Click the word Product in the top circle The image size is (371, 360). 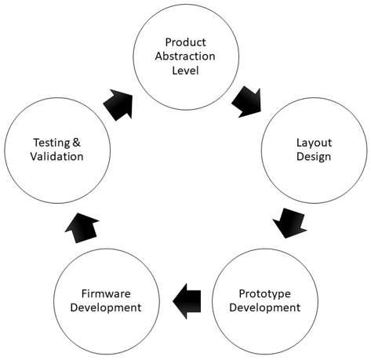tap(185, 42)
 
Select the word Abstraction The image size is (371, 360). tap(185, 56)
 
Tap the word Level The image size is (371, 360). tap(185, 71)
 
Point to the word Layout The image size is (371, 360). tap(314, 144)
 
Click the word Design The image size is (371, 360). tap(314, 157)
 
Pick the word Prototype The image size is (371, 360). tap(264, 294)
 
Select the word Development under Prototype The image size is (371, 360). tap(264, 307)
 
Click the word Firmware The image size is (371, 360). tap(106, 293)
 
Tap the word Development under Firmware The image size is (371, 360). tap(106, 307)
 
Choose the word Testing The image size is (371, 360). tap(52, 144)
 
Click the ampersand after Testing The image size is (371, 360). tap(76, 143)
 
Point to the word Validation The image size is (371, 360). tap(56, 156)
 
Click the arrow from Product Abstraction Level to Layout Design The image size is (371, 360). tap(246, 101)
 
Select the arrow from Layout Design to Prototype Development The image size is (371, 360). tap(289, 223)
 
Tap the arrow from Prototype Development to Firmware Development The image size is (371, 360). tap(187, 301)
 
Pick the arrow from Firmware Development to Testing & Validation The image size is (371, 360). tap(82, 228)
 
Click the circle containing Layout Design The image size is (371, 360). tap(261, 151)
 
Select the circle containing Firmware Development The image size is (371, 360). tap(53, 301)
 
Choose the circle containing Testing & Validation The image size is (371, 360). tap(5, 151)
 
